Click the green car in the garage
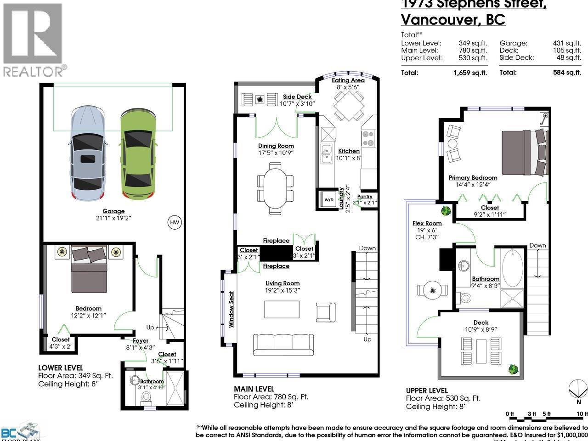136,154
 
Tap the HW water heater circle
174,223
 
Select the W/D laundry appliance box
329,200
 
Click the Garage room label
113,211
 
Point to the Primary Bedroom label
473,178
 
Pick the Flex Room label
427,223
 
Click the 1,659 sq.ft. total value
469,73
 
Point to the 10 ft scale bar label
582,414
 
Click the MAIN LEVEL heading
254,389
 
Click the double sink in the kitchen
327,153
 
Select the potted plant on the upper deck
513,368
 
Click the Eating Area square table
348,105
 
